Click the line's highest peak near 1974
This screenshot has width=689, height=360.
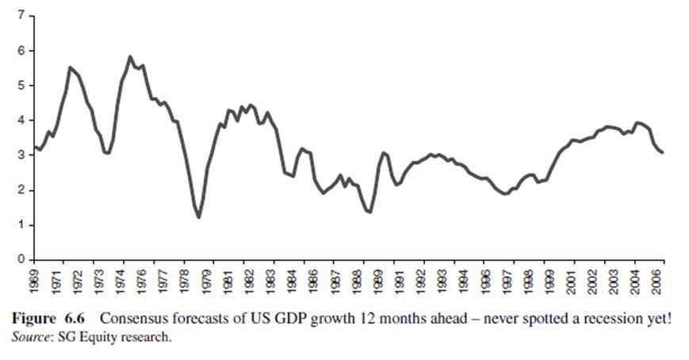point(130,57)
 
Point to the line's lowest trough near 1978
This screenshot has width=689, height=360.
point(198,216)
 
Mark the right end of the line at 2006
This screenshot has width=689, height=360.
point(663,152)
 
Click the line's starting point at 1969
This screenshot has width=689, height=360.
point(34,147)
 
